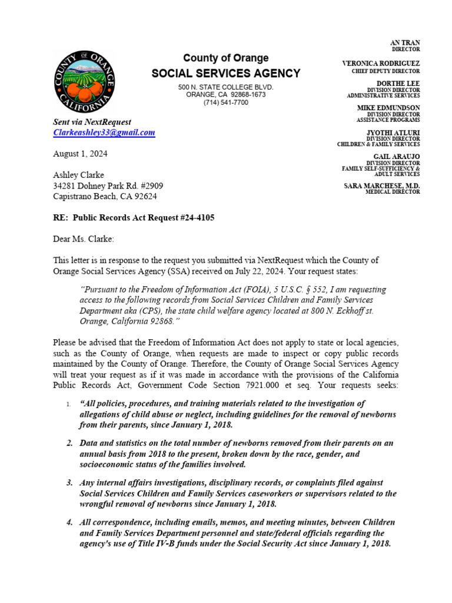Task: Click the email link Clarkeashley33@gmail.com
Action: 104,133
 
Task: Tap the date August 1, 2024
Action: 80,154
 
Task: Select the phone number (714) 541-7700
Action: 226,102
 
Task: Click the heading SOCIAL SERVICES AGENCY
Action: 226,74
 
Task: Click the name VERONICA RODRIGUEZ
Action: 381,63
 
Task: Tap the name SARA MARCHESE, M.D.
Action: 382,186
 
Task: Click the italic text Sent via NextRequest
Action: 92,122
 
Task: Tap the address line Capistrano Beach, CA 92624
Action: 105,196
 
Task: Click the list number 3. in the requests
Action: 69,483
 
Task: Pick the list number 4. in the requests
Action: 69,522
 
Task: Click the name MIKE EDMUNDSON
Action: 388,108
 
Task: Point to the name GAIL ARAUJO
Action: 397,157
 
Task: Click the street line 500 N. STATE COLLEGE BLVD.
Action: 226,87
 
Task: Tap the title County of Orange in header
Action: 226,58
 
